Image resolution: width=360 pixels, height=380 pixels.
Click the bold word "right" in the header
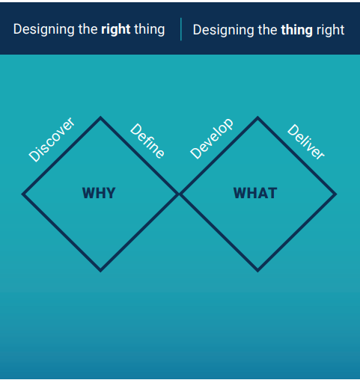click(116, 30)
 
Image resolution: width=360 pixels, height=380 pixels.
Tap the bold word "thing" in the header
click(297, 31)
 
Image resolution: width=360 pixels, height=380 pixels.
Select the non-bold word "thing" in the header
click(150, 30)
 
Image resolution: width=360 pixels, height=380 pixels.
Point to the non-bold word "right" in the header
click(331, 31)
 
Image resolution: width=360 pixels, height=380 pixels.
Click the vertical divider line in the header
click(181, 29)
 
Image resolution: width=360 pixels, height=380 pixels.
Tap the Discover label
click(52, 140)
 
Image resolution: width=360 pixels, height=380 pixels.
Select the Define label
click(147, 141)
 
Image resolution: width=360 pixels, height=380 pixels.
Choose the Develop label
click(212, 138)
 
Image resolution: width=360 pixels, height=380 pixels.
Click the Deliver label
click(306, 141)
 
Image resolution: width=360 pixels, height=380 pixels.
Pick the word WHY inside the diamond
click(99, 193)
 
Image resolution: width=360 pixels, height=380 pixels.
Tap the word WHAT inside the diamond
click(255, 193)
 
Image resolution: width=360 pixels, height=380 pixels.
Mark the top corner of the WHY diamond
click(100, 117)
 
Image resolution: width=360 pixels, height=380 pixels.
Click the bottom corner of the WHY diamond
click(100, 271)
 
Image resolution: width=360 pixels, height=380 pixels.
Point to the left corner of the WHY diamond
click(22, 194)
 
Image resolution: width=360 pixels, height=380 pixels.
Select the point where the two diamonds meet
click(179, 194)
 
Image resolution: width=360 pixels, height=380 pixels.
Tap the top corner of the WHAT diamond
click(257, 117)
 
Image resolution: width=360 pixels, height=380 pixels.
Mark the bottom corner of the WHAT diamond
click(257, 271)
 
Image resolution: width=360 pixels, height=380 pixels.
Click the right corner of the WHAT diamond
click(336, 194)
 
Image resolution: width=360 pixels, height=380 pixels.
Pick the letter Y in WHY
click(110, 193)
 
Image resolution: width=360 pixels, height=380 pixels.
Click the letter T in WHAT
click(272, 193)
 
